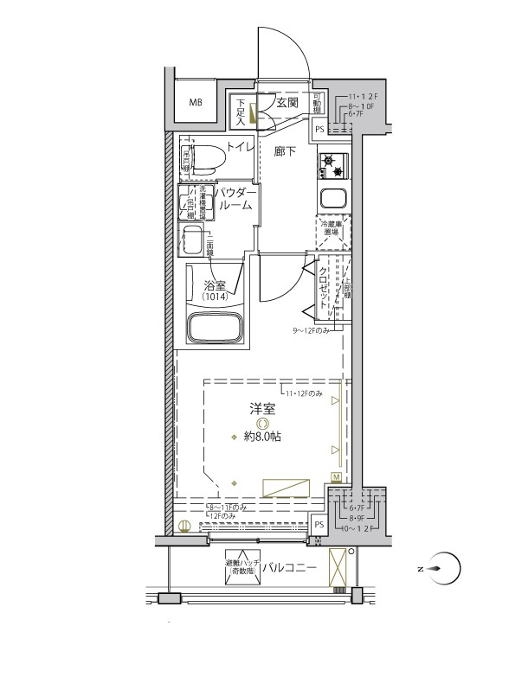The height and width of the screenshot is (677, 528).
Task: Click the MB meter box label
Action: pos(196,102)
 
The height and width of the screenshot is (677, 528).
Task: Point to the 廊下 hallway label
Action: pos(287,150)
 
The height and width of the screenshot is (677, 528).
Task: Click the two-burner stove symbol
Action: pos(333,162)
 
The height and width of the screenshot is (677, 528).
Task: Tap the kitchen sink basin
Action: pos(333,196)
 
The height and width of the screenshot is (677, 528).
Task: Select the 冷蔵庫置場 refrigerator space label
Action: pos(332,227)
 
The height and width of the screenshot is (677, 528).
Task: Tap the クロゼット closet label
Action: pos(324,288)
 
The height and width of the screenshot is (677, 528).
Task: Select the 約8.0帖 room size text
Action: pos(261,437)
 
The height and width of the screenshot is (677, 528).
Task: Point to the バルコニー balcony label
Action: pos(289,568)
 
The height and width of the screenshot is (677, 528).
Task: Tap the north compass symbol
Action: pos(442,568)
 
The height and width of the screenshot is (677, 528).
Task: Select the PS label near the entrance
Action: pos(319,130)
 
